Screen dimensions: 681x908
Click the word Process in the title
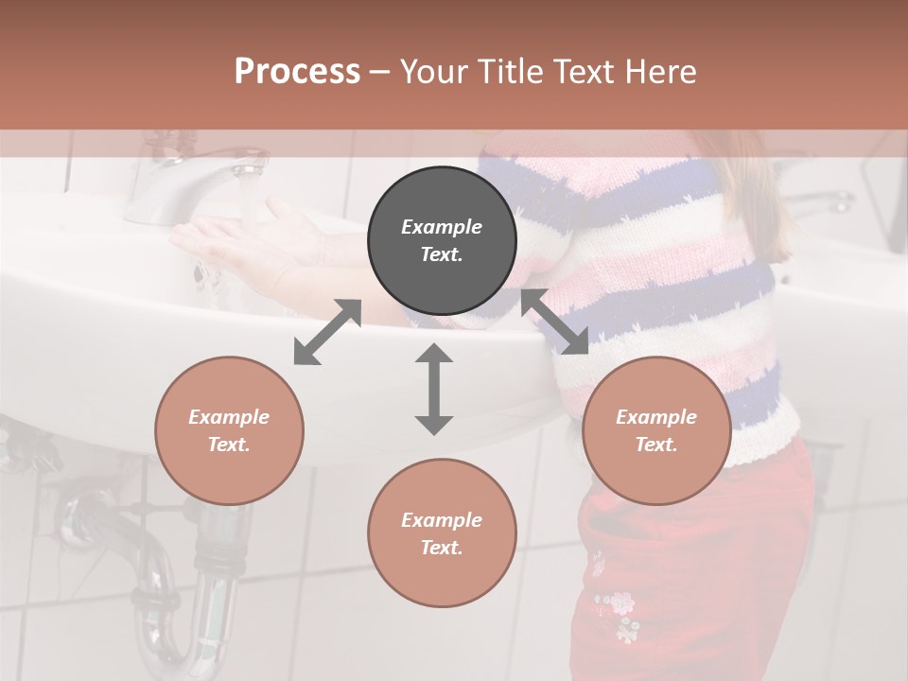click(x=297, y=72)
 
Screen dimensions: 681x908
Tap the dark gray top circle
click(x=442, y=240)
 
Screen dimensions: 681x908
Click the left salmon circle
click(x=229, y=430)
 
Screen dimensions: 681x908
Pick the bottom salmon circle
click(x=442, y=533)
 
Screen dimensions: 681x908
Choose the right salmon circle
click(x=656, y=430)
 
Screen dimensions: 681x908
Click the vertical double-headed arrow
click(x=434, y=389)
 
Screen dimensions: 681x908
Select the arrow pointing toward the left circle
click(x=327, y=332)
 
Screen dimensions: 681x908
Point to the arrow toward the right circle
click(x=554, y=322)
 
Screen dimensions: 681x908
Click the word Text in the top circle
click(x=442, y=254)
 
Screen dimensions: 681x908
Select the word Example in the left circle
click(x=229, y=417)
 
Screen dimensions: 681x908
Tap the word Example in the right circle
click(x=656, y=417)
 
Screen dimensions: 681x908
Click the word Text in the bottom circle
click(x=442, y=548)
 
